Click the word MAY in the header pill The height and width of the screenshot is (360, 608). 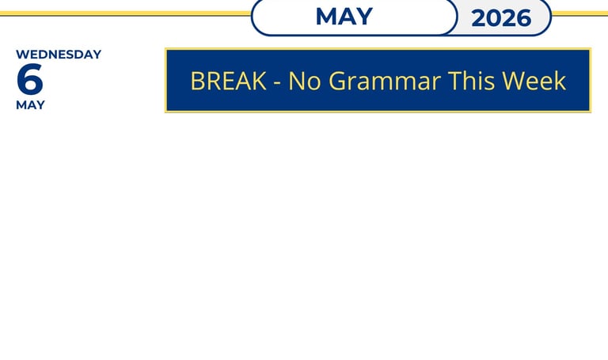[x=344, y=17]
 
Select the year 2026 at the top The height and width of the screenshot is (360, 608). [x=501, y=18]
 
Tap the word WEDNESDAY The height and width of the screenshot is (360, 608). [x=59, y=55]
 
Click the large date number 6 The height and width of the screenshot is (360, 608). [x=30, y=79]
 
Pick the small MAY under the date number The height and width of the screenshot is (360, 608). [x=30, y=105]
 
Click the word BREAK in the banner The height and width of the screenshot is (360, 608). [x=228, y=81]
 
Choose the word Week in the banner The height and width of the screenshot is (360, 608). [x=534, y=81]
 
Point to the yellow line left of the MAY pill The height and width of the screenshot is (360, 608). [x=125, y=13]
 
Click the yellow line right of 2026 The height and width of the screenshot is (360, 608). [x=579, y=14]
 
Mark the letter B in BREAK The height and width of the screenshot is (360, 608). [x=197, y=81]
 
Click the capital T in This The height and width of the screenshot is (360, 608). [x=455, y=81]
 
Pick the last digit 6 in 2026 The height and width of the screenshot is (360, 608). [x=523, y=18]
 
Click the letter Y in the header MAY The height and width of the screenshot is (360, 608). [x=364, y=17]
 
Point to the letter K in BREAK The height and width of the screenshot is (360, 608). [x=259, y=81]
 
